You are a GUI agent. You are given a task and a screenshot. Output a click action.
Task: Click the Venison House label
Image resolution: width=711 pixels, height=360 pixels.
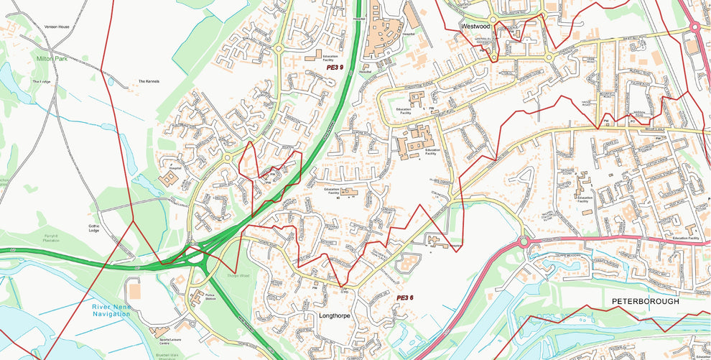pyautogui.click(x=56, y=27)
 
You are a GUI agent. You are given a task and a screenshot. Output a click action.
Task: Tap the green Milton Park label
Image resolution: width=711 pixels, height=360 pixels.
pyautogui.click(x=52, y=58)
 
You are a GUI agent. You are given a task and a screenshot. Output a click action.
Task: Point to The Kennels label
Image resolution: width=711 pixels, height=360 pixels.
pyautogui.click(x=149, y=81)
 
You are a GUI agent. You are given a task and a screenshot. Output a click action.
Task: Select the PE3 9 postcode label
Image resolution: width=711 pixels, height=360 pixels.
pyautogui.click(x=335, y=67)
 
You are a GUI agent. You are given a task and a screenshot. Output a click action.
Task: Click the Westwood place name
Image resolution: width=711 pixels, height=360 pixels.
pyautogui.click(x=475, y=26)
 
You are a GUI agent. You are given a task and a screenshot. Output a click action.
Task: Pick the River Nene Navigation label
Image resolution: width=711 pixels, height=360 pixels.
pyautogui.click(x=111, y=311)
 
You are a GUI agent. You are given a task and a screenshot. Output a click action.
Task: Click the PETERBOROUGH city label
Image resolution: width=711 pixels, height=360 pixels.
pyautogui.click(x=645, y=302)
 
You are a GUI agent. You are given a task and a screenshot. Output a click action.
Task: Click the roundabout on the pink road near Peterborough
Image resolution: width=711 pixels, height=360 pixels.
pyautogui.click(x=524, y=242)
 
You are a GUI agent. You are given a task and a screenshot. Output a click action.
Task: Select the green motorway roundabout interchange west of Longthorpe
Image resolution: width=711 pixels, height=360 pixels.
pyautogui.click(x=192, y=252)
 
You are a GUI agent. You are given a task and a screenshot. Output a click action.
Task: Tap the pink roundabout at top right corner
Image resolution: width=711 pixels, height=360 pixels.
pyautogui.click(x=694, y=27)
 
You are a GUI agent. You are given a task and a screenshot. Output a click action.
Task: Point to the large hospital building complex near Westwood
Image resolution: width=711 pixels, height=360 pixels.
pyautogui.click(x=384, y=36)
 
